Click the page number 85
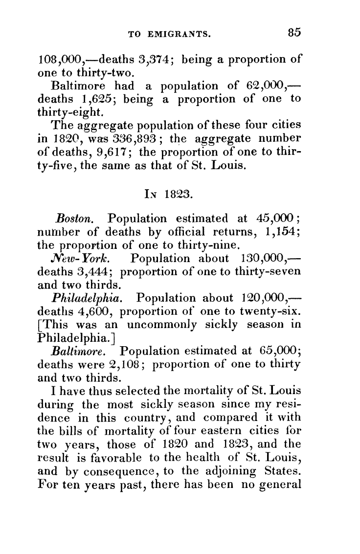coord(294,33)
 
